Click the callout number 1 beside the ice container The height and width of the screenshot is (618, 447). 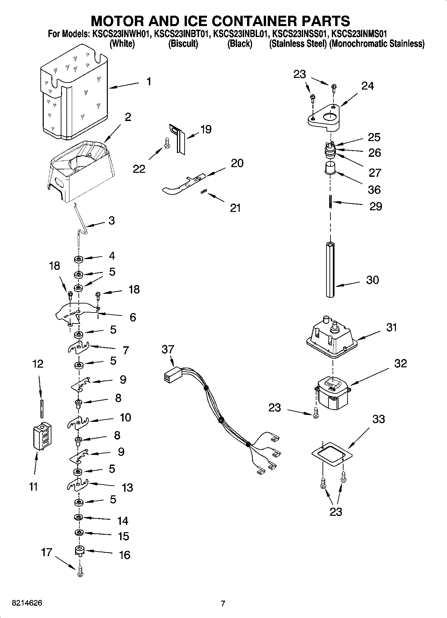(149, 82)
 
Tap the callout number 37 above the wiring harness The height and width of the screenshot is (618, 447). (168, 350)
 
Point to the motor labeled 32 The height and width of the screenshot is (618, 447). (332, 393)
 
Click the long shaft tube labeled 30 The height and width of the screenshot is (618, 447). (330, 269)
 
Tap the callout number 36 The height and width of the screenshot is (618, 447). (374, 190)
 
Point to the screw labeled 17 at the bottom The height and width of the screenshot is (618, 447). (80, 573)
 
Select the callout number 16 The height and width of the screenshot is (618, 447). (125, 555)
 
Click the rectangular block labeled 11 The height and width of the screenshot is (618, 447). (42, 436)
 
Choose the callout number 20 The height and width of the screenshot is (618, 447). (237, 163)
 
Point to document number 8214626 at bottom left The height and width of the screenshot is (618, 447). (27, 603)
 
